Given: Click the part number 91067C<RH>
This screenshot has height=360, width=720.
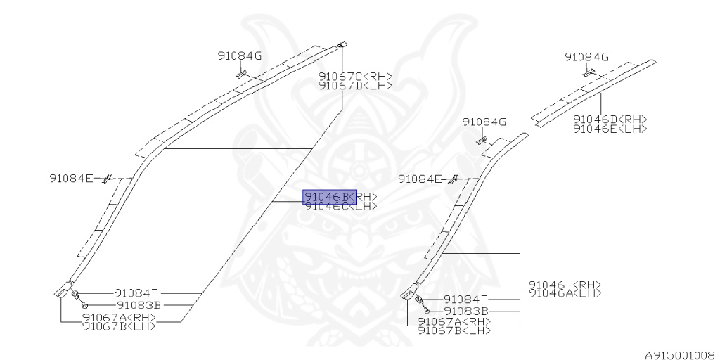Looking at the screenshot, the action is click(355, 77).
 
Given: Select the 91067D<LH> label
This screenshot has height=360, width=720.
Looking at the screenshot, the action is click(355, 86).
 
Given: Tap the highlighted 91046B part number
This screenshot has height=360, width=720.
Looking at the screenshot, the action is click(328, 197).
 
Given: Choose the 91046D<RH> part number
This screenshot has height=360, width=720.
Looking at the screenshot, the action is click(610, 120).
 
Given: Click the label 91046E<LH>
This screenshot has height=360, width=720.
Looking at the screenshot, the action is click(610, 129).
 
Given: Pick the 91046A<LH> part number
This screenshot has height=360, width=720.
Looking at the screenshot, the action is click(565, 293).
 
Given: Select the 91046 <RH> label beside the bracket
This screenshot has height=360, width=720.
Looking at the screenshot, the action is click(565, 285).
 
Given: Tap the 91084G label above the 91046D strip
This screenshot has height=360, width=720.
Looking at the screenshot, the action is click(586, 57).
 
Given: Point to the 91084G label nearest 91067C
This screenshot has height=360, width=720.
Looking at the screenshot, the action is click(239, 56).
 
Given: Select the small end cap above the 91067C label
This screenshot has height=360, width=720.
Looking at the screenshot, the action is click(343, 44).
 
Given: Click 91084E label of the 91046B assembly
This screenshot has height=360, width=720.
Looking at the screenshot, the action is click(71, 178).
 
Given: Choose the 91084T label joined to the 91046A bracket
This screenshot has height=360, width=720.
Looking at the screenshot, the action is click(466, 299).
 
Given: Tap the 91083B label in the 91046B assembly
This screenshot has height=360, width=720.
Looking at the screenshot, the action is click(139, 305).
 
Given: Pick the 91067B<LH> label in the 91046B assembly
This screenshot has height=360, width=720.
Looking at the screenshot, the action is click(119, 326).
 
